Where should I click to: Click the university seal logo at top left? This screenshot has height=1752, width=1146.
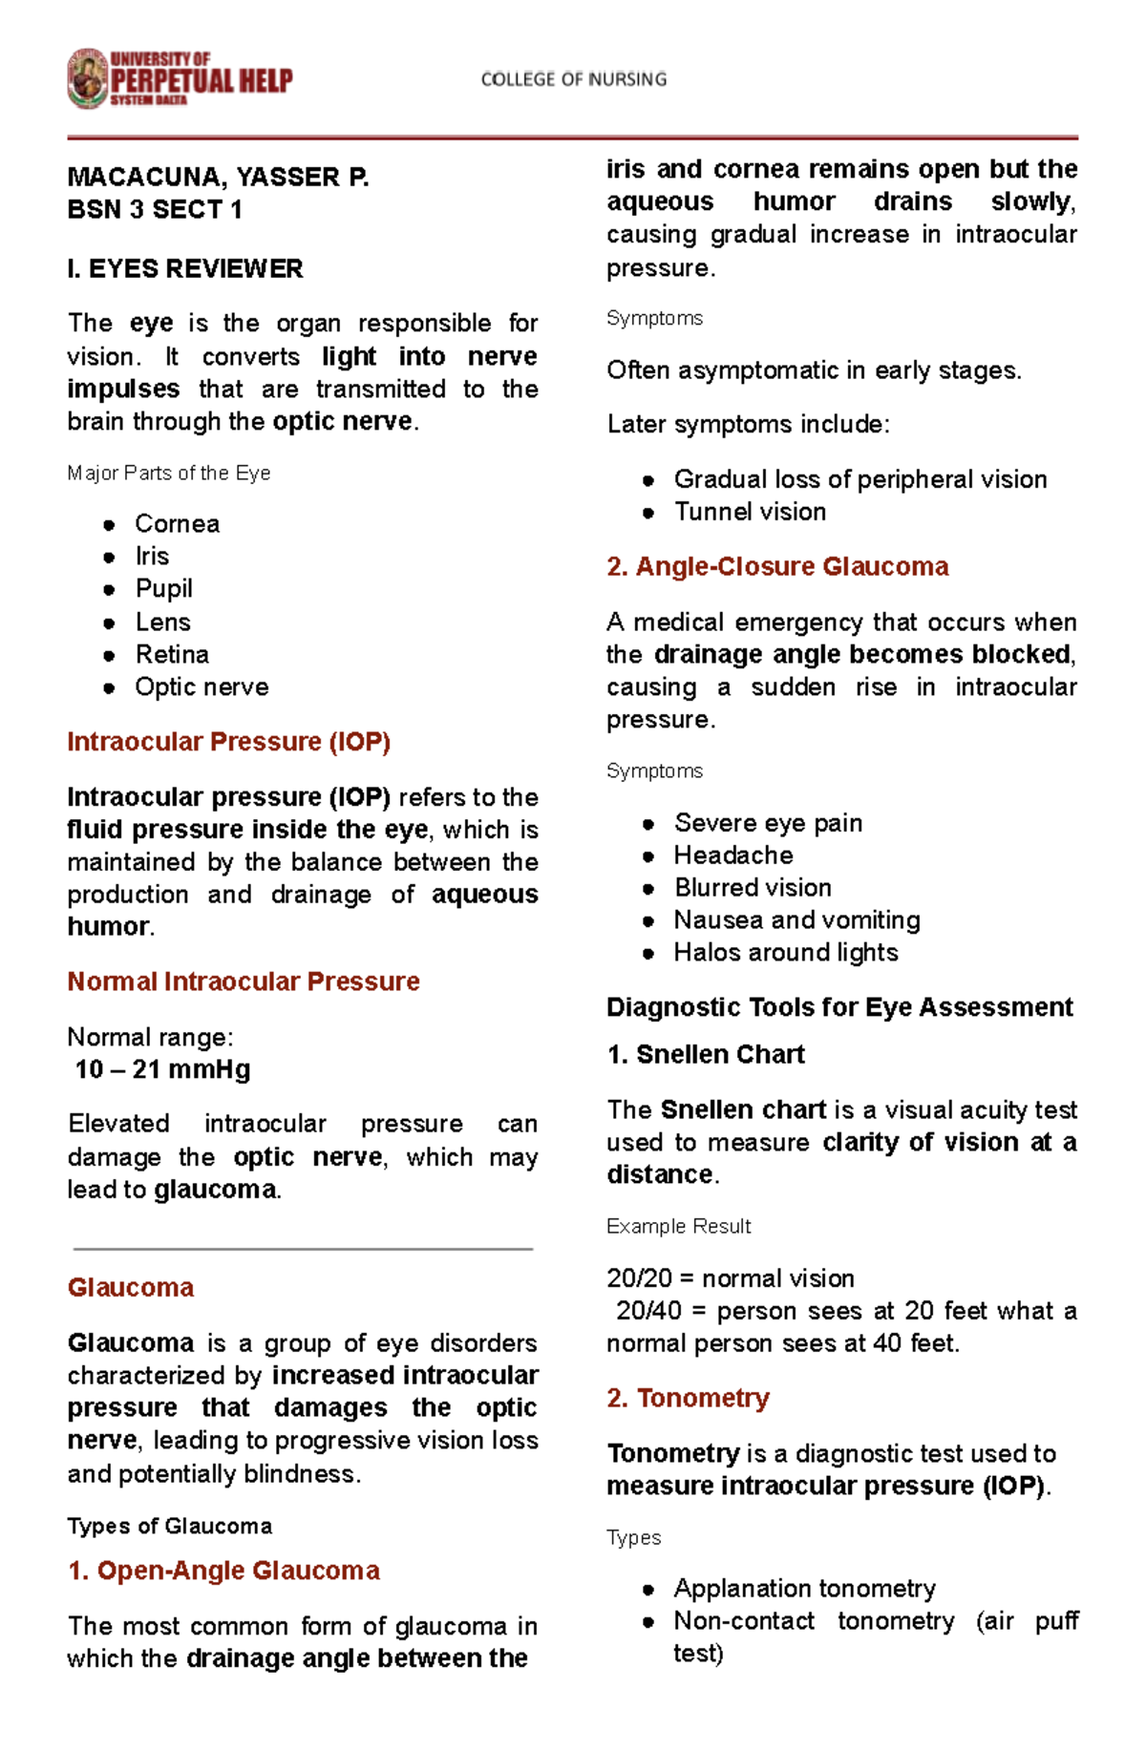coord(88,79)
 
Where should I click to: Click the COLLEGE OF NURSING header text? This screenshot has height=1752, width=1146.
coord(573,79)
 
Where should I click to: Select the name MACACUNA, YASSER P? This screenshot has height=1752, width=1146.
coord(218,178)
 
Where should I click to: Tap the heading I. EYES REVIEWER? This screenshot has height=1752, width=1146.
coord(185,269)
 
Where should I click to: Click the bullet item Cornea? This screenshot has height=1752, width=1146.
coord(178,524)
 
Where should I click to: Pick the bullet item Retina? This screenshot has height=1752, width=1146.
coord(172,655)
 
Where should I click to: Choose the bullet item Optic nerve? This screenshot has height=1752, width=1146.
coord(202,687)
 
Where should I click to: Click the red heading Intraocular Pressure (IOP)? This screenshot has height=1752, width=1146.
coord(228,742)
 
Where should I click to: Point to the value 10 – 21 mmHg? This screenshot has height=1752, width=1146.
coord(162,1069)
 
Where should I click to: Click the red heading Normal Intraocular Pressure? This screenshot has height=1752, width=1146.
coord(244,982)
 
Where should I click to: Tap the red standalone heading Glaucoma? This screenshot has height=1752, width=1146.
coord(131,1288)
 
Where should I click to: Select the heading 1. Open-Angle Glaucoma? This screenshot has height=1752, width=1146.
coord(223,1571)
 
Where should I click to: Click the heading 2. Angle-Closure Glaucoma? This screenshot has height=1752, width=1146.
coord(777,567)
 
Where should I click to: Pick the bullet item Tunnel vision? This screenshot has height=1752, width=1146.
coord(750,513)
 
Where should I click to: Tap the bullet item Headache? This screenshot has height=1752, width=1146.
coord(733,855)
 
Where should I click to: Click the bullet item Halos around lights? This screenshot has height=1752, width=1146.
coord(786,953)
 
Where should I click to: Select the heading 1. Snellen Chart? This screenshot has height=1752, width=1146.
coord(706,1055)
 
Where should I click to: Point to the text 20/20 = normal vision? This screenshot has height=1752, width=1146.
coord(731,1278)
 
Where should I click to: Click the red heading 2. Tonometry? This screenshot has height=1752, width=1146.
coord(688,1399)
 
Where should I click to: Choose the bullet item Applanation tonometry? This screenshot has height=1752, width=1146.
coord(804,1589)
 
